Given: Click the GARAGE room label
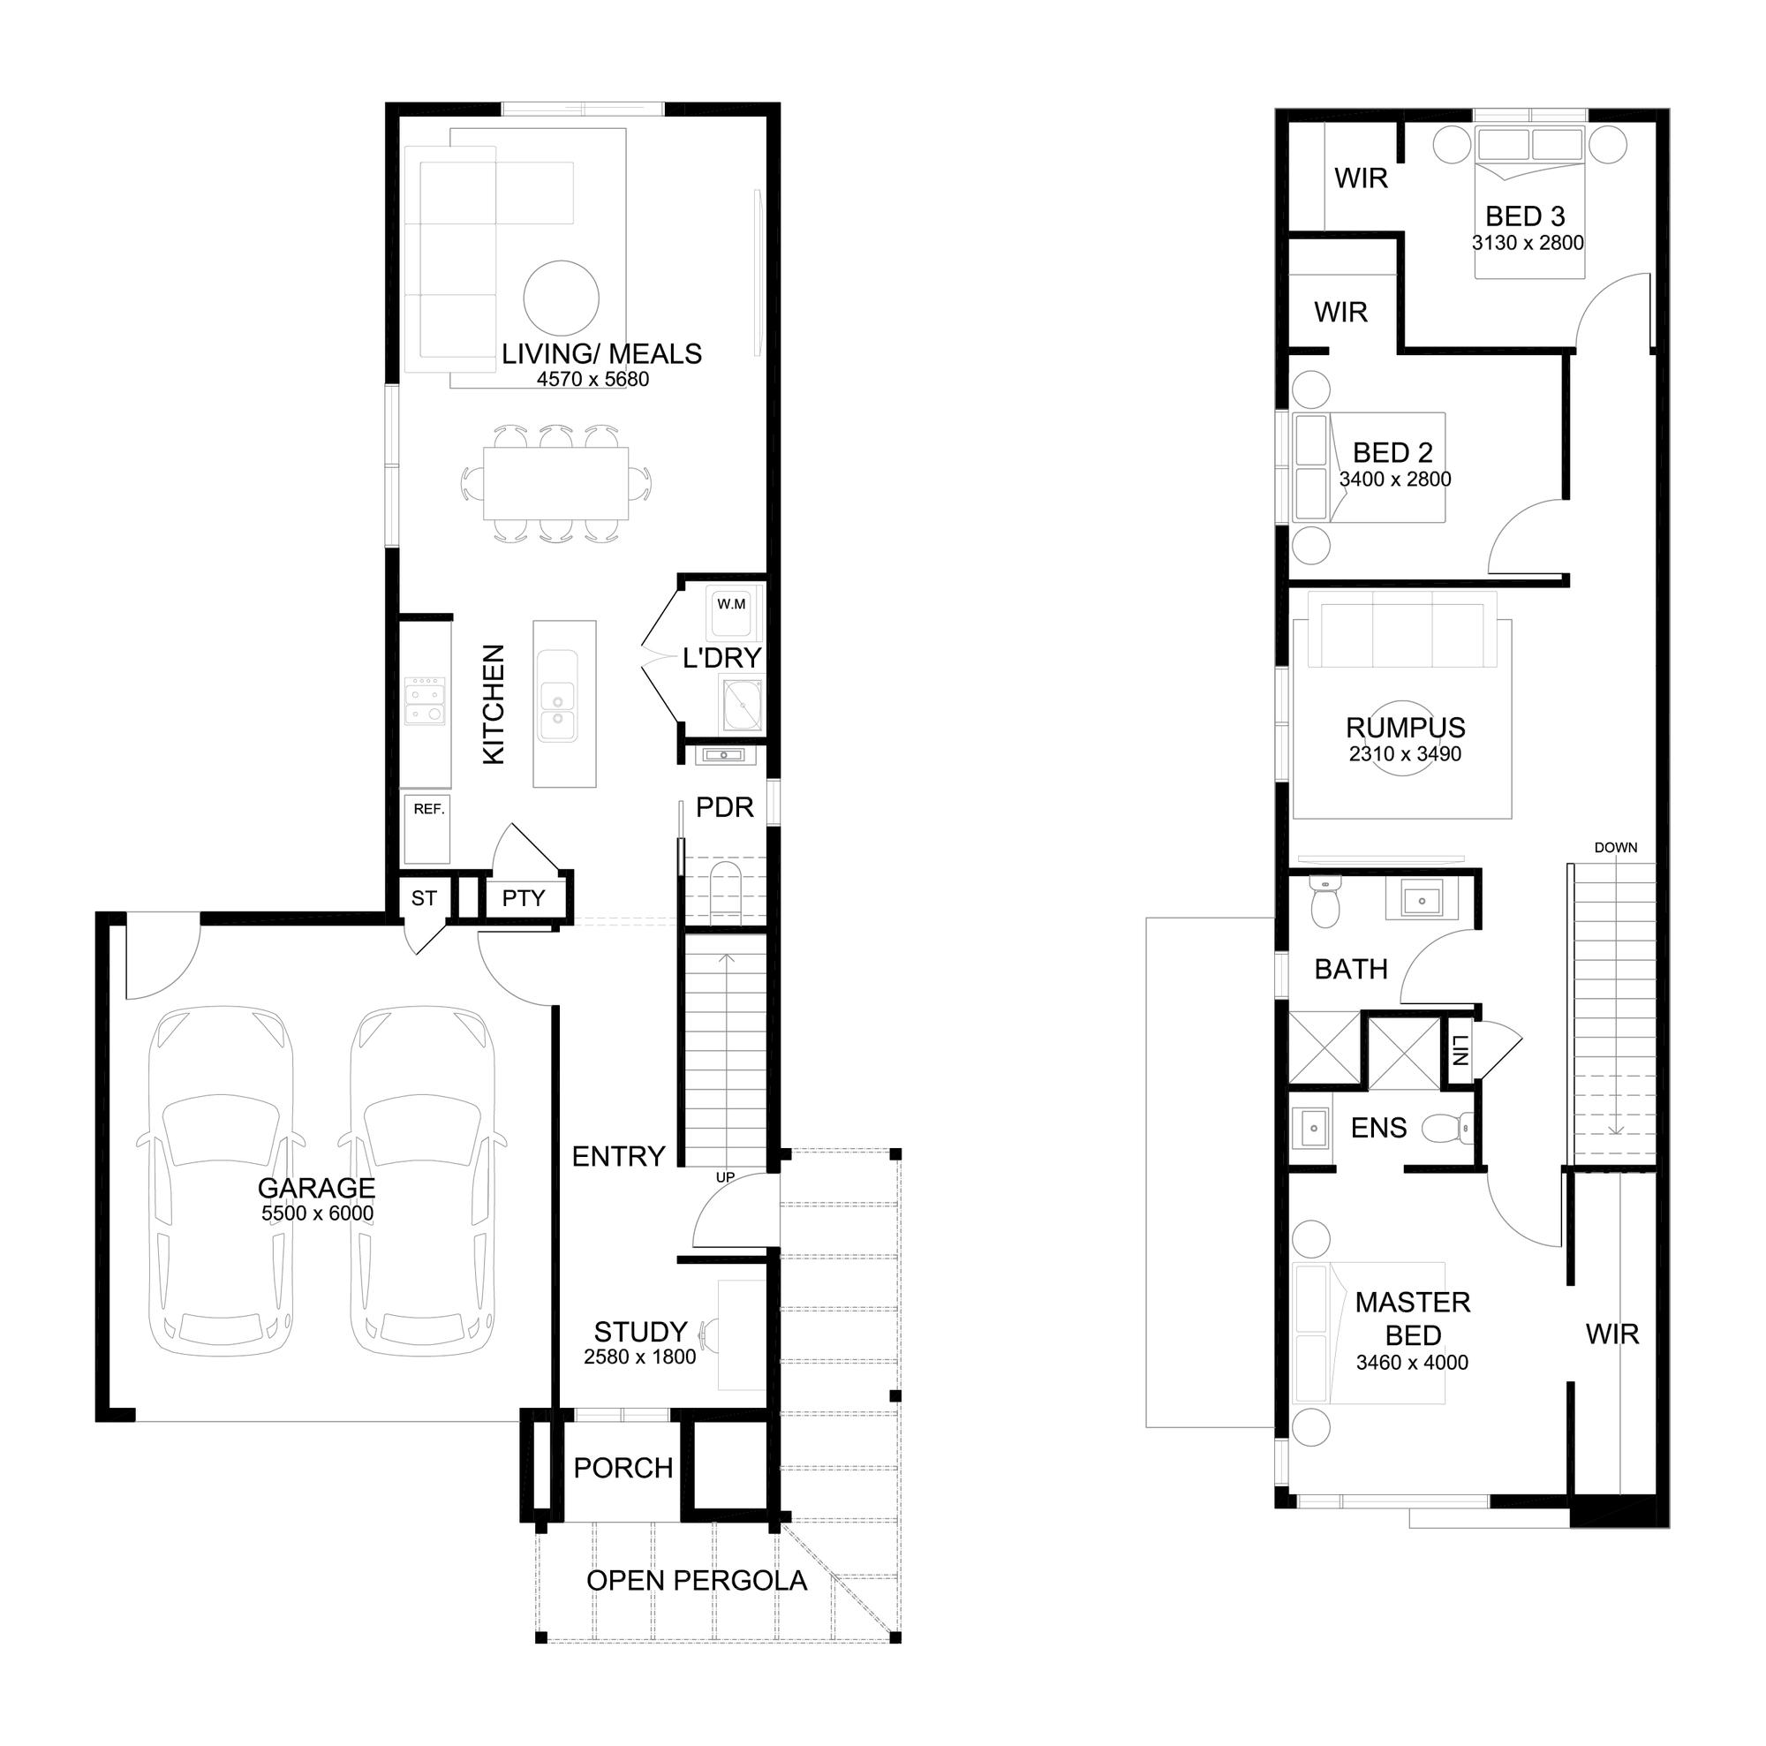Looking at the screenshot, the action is coord(316,1188).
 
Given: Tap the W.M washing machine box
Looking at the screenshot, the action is coord(731,611).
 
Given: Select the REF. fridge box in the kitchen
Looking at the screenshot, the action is coord(427,828).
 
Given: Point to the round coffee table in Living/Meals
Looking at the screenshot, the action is coord(562,298).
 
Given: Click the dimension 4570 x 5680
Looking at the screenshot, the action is coord(593,380).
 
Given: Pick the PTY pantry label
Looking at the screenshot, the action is coord(523,897).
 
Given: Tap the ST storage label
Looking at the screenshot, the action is coord(423,897).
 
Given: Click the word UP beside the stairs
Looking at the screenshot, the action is coord(725,1177).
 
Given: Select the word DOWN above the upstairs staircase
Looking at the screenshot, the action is coord(1615,848).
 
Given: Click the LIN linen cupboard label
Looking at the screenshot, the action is coord(1460,1049).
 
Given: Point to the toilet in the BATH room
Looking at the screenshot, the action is coord(1324,903).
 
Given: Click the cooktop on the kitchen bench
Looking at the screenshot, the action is coord(425,699).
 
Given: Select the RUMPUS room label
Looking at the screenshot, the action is coord(1405,728).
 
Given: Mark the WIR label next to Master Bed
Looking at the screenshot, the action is coord(1612,1334).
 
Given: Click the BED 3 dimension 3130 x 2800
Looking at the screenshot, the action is coord(1528,243).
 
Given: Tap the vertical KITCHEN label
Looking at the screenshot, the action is coord(493,704).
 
